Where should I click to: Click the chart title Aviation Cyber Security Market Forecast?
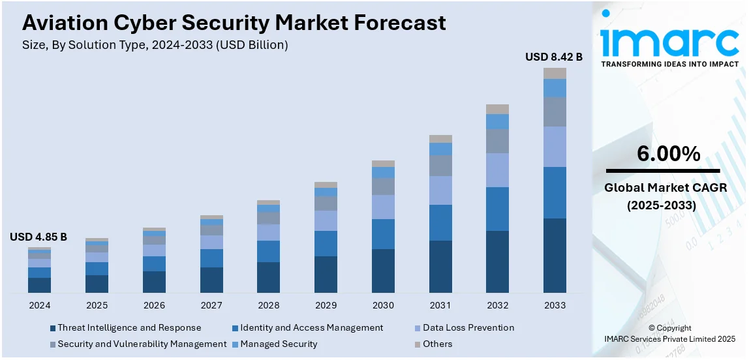[x=234, y=23]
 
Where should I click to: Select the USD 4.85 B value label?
[x=38, y=237]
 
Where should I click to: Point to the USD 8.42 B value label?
[x=554, y=57]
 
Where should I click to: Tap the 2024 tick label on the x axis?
[x=39, y=305]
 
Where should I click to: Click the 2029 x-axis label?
[x=326, y=305]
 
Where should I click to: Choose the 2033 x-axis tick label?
[x=555, y=305]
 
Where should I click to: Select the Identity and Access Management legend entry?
[x=311, y=328]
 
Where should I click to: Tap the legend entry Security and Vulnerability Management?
[x=142, y=344]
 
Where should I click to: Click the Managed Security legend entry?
[x=279, y=344]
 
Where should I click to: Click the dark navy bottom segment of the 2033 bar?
[x=555, y=256]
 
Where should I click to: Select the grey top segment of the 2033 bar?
[x=555, y=73]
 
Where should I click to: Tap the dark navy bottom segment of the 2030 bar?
[x=383, y=271]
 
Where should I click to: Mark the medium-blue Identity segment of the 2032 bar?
[x=497, y=209]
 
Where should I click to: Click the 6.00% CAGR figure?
[x=669, y=155]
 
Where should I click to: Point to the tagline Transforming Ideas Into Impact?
[x=669, y=64]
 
